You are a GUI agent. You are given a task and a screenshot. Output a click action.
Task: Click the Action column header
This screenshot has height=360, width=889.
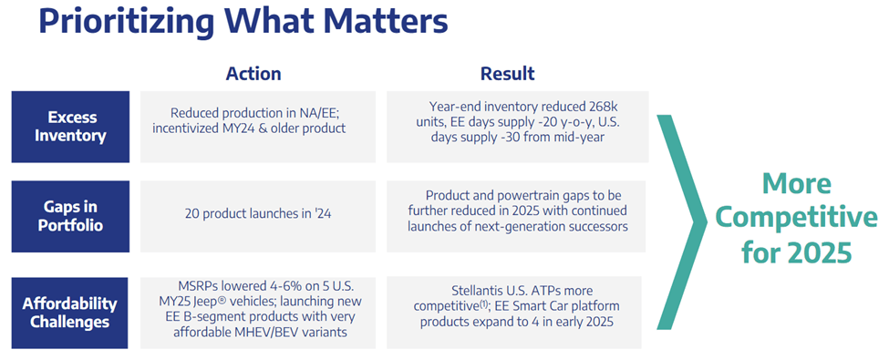tap(253, 74)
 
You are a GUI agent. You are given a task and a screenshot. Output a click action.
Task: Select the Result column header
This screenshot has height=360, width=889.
tap(507, 74)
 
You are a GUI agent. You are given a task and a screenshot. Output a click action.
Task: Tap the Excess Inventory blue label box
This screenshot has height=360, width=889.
tap(71, 126)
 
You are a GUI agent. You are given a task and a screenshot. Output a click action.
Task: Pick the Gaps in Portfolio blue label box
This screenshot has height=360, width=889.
tap(71, 216)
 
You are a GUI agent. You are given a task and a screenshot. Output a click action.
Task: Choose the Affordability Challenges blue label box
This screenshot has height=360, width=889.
tap(71, 313)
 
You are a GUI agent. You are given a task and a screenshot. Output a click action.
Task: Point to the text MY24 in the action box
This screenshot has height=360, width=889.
tap(274, 129)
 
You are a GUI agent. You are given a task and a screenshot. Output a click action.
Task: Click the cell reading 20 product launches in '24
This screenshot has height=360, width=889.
tap(258, 216)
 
